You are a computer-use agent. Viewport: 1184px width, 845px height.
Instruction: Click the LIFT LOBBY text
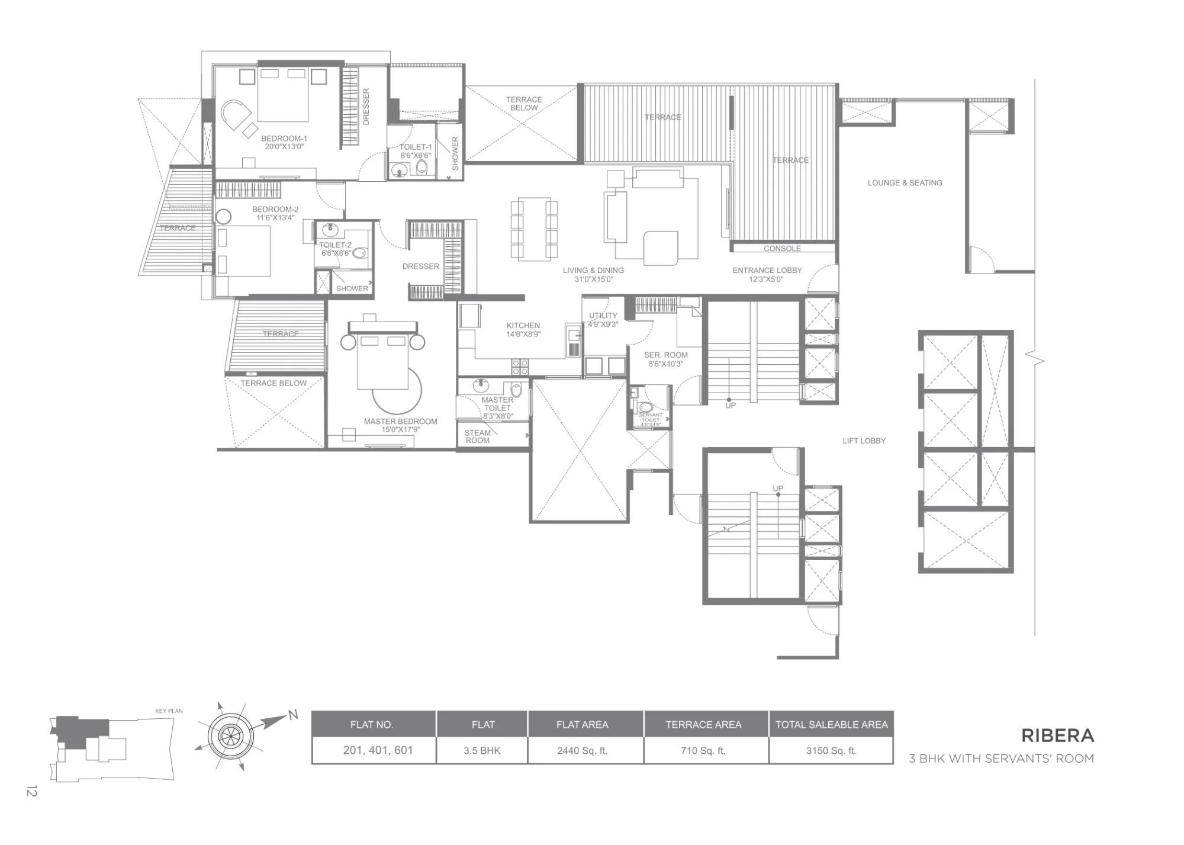tap(864, 441)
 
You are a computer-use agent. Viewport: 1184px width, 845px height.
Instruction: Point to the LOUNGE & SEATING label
tap(905, 183)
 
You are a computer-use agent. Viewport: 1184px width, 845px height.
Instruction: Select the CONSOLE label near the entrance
tap(781, 249)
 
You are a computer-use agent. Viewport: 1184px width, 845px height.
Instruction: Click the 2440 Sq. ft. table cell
tap(582, 750)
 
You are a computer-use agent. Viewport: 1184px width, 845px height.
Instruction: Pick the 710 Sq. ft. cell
tap(703, 750)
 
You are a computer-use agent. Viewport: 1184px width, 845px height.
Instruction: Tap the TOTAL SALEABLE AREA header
tap(831, 724)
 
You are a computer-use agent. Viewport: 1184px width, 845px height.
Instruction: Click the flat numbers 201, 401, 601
tap(378, 750)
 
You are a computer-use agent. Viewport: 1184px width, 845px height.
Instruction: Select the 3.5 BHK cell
tap(482, 750)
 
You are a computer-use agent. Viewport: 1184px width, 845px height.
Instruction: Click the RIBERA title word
tap(1057, 735)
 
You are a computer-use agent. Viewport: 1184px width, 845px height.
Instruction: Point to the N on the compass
tap(292, 715)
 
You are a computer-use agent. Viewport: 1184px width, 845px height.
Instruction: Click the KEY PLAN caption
tap(169, 711)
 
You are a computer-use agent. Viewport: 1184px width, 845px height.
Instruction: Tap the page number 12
tap(31, 791)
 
